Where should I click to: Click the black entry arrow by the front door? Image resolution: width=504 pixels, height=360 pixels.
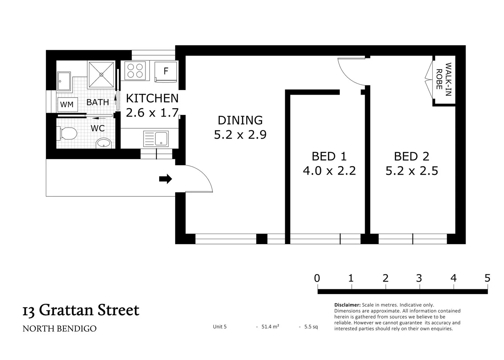(165, 179)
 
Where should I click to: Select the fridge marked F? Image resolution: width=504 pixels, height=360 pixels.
(166, 71)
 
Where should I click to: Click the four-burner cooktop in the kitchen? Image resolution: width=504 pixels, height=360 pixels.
(135, 71)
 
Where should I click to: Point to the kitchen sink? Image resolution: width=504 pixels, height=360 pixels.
(156, 139)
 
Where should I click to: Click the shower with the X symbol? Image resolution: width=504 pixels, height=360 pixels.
(101, 75)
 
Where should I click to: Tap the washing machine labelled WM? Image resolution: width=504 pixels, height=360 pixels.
(67, 104)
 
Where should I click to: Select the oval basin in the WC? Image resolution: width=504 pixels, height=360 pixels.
(103, 143)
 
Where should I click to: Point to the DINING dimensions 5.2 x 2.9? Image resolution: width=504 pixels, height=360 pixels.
(240, 135)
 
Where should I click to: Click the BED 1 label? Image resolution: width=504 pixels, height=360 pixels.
(329, 156)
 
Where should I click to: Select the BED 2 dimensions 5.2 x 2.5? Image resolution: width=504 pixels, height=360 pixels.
(411, 171)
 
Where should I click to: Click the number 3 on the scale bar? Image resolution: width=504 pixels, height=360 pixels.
(419, 278)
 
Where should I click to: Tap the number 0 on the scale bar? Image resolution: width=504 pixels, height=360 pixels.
(317, 278)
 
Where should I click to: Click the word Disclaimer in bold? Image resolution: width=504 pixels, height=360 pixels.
(347, 305)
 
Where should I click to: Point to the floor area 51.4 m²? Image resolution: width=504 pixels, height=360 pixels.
(270, 327)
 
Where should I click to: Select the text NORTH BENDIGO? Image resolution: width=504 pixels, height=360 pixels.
(59, 329)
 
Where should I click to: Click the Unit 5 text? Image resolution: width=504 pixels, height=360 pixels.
(220, 327)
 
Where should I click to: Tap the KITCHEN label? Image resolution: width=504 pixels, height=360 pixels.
(152, 98)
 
